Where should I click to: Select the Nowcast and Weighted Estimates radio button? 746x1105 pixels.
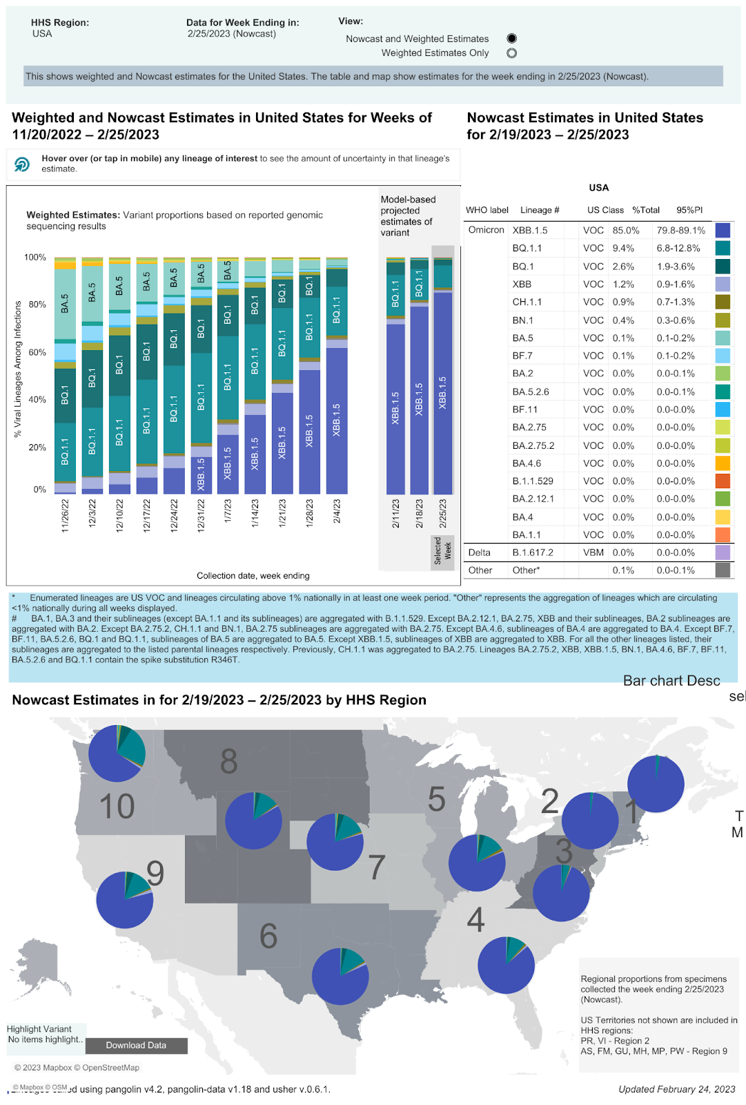[511, 39]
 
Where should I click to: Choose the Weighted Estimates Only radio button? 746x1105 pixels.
[511, 53]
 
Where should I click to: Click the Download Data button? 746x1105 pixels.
[136, 1046]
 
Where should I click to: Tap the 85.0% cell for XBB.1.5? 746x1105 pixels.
[626, 231]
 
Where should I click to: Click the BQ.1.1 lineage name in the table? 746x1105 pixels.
[527, 249]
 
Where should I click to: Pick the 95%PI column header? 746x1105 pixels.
[689, 210]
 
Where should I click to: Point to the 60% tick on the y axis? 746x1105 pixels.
[37, 352]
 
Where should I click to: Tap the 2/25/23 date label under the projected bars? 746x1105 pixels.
[443, 514]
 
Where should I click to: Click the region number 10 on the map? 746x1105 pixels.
[117, 807]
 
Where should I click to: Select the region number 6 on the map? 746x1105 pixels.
[268, 936]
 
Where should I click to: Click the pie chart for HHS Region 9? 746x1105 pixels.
[125, 900]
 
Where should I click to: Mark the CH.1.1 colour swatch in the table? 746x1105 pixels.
[723, 302]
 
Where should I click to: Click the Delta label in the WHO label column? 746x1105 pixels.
[479, 552]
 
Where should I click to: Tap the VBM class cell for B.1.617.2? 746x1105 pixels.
[593, 552]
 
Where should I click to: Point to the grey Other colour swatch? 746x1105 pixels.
[723, 570]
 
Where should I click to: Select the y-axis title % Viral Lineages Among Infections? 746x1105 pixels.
[18, 369]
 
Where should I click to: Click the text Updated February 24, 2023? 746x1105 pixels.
[676, 1089]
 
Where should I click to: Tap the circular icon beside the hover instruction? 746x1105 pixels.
[22, 164]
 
